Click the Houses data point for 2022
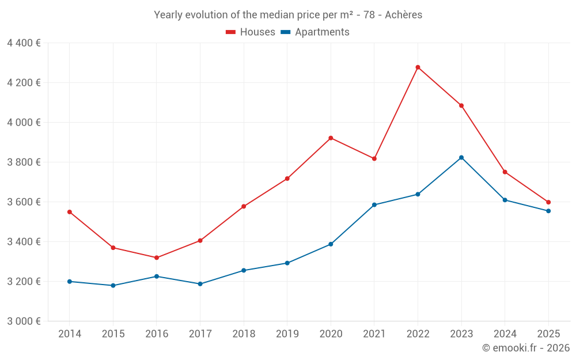(418, 67)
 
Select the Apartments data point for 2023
(461, 158)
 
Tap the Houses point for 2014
(70, 212)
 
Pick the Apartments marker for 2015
(113, 286)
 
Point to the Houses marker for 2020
(331, 138)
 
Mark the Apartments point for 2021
(374, 205)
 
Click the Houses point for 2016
(157, 257)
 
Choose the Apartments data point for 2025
(548, 211)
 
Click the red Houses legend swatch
(230, 32)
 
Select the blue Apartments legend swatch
(285, 32)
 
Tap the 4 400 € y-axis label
(24, 43)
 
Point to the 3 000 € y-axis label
(24, 321)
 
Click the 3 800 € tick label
(24, 162)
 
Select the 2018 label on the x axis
(244, 334)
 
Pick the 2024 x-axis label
(505, 334)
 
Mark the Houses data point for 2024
(505, 172)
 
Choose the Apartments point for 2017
(200, 284)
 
